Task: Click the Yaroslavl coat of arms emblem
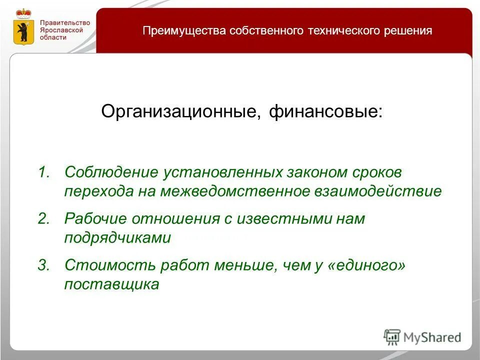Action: click(22, 28)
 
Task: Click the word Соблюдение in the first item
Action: click(110, 172)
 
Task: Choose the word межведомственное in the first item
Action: click(236, 191)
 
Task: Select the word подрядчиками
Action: click(117, 238)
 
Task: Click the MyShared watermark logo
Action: click(422, 337)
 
